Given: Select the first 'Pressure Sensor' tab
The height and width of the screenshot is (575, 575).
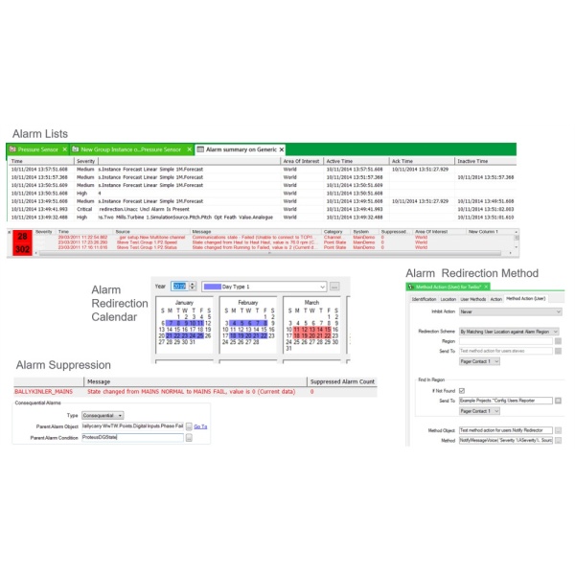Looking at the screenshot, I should click(36, 149).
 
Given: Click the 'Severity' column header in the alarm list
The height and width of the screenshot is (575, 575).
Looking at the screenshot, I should click(86, 162).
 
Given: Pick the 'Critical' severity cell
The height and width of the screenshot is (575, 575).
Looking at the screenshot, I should click(85, 208).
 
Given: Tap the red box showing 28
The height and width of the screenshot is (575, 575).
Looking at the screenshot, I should click(22, 236).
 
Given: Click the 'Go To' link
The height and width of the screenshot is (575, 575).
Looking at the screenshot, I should click(200, 425).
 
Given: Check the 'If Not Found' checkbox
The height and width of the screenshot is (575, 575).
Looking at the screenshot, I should click(462, 390).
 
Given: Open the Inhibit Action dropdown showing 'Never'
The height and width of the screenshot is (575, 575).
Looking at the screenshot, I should click(509, 311).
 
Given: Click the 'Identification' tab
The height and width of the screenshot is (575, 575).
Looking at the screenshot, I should click(424, 299).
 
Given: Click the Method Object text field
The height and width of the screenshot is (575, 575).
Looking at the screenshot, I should click(504, 430).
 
